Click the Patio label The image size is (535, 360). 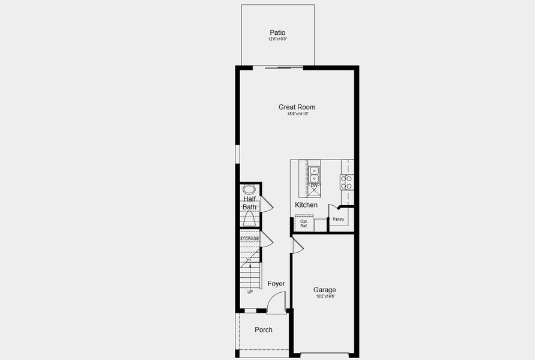pos(277,32)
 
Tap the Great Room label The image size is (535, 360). pos(297,107)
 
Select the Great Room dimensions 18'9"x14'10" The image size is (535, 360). pos(297,114)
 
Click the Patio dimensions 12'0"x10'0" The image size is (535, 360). pos(277,39)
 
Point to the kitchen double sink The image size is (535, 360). pos(314,174)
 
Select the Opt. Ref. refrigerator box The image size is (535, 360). pos(304,223)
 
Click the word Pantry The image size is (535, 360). pos(338,219)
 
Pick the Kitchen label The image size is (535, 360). pos(306,205)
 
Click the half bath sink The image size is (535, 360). pos(249,189)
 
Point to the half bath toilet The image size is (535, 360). pos(249,218)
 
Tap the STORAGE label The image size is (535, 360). pos(250,239)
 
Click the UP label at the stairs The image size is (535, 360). pos(250,292)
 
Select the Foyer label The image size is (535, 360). pos(276,284)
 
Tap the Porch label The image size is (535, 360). pos(264,329)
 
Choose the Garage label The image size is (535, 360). pos(325,290)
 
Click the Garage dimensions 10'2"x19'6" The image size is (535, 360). pos(325,296)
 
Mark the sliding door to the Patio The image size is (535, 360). pos(278,67)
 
